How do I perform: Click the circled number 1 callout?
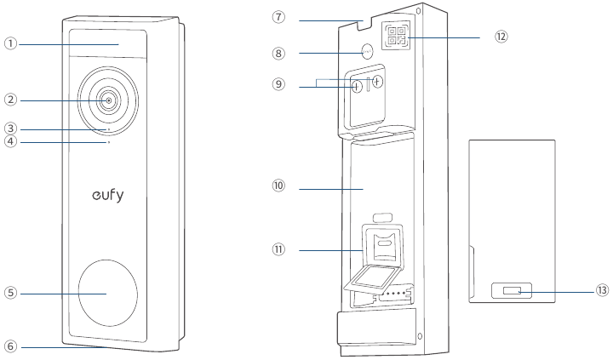coord(11,43)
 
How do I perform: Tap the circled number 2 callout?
coord(11,100)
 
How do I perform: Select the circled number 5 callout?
coord(11,293)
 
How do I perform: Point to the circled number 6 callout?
coord(11,346)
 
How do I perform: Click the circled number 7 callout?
coord(278,17)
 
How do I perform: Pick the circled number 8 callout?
coord(278,53)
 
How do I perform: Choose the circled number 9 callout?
coord(278,84)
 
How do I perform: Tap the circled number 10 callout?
coord(278,186)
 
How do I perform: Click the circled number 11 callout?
coord(278,249)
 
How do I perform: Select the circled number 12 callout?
coord(501,37)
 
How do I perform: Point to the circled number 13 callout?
coord(602,290)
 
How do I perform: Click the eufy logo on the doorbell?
coord(108,195)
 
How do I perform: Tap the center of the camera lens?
coord(109,100)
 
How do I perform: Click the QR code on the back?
coord(397,36)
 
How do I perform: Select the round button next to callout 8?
coord(367,51)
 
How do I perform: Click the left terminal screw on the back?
coord(357,87)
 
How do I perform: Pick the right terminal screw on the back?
coord(377,82)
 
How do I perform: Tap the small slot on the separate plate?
coord(512,291)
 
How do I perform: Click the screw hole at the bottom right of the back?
coord(420,336)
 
